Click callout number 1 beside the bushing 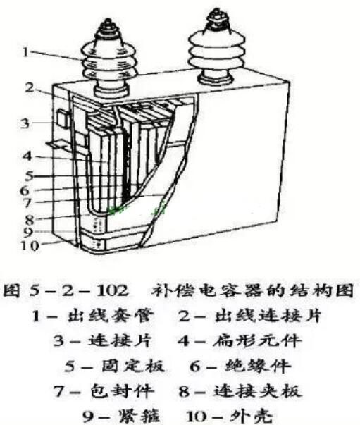[25, 52]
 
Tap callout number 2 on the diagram [30, 87]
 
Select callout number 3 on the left [25, 123]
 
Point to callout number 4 [27, 156]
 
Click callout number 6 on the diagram [25, 190]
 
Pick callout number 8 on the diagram [30, 219]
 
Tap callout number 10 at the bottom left [30, 246]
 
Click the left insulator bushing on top [109, 60]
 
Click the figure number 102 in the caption [112, 290]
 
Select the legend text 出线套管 [111, 315]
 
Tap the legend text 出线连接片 [268, 315]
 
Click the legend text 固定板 [133, 366]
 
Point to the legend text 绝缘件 [258, 366]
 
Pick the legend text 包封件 [123, 391]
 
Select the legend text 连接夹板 [257, 391]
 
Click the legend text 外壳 [251, 416]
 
